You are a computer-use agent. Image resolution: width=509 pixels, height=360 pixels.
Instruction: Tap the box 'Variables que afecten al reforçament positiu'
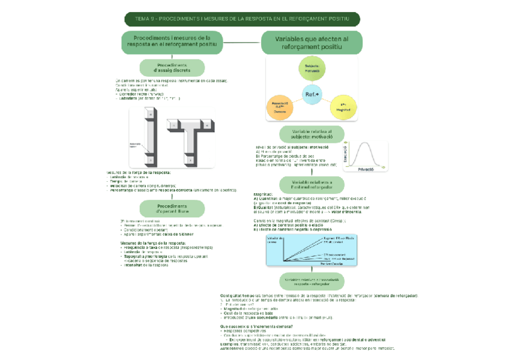[311, 42]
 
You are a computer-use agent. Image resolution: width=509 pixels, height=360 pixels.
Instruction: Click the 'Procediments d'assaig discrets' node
[172, 68]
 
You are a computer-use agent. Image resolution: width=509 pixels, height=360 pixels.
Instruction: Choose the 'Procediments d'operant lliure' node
[172, 209]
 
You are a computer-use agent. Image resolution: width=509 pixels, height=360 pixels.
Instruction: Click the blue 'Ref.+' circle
[312, 95]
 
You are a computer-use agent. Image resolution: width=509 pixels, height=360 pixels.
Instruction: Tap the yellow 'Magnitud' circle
[343, 107]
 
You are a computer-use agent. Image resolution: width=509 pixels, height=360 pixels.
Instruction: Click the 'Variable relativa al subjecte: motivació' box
[311, 134]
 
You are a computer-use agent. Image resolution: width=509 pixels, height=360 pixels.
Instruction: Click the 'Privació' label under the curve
[366, 170]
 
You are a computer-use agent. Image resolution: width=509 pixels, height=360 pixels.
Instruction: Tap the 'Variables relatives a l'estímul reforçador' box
[311, 184]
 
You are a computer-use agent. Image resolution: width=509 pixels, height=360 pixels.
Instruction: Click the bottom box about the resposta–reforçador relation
[311, 281]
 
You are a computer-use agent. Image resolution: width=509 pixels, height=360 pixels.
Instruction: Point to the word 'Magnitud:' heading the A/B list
[264, 194]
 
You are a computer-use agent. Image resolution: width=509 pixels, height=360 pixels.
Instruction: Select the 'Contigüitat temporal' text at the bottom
[239, 296]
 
